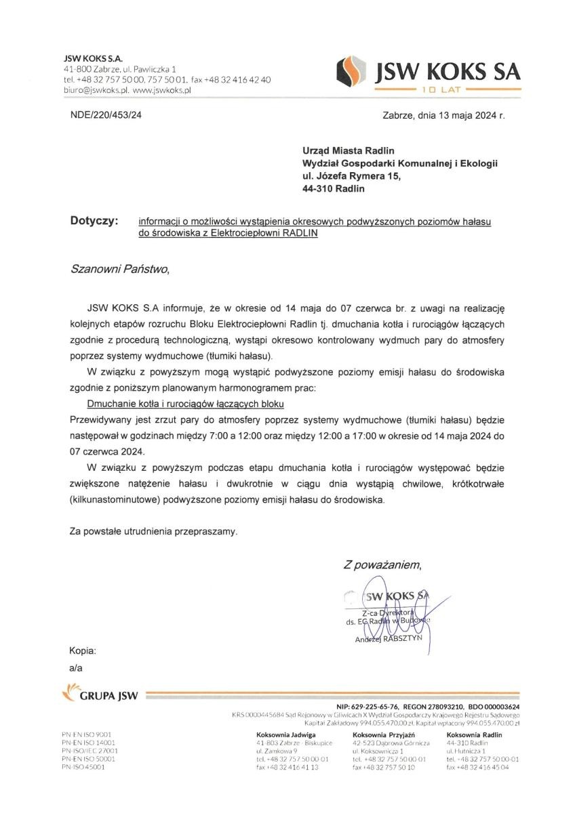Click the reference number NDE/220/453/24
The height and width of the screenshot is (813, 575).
tap(106, 114)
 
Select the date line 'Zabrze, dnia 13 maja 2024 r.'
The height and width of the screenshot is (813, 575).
tap(443, 114)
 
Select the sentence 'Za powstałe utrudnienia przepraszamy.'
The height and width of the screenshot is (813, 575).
tap(154, 531)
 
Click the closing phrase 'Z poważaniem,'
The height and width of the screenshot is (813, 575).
tap(382, 564)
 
